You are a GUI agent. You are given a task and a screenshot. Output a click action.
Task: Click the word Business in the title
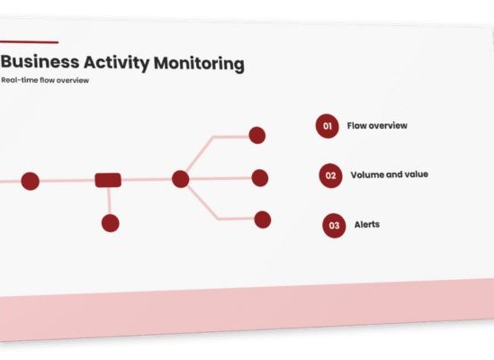40,61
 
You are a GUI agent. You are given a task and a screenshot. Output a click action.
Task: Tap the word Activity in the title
117,63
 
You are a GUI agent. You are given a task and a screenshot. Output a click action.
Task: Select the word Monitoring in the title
199,64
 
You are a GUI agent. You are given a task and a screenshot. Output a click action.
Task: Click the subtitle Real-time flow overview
45,80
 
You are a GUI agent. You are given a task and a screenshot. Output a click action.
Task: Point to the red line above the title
29,42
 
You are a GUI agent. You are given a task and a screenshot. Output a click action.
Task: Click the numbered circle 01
328,126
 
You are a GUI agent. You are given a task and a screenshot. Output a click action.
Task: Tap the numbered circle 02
330,175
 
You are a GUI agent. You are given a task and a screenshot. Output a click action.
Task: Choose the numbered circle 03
334,225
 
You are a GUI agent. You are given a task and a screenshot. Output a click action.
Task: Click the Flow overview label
377,125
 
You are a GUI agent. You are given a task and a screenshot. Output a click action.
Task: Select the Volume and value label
390,175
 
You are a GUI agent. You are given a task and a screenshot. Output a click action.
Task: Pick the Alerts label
367,224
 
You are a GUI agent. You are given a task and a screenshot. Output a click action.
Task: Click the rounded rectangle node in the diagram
108,180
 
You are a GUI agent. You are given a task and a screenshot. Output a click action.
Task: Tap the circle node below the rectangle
111,223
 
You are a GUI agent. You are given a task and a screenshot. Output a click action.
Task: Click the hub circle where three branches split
181,179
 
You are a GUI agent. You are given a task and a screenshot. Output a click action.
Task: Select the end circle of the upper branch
257,136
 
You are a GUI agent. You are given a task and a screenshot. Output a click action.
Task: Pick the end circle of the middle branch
260,178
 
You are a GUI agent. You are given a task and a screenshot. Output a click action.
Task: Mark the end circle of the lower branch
263,220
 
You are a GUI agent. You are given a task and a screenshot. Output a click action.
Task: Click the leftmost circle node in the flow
31,181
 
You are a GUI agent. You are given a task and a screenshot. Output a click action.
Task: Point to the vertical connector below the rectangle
109,201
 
